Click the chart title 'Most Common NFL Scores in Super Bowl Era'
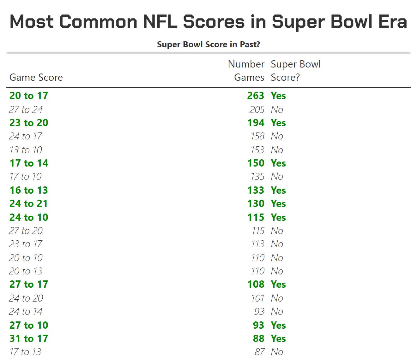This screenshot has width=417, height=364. tap(208, 21)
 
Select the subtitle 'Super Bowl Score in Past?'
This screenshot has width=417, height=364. tap(208, 44)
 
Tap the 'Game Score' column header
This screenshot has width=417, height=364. tap(36, 77)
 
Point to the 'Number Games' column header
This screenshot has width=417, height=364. tap(246, 71)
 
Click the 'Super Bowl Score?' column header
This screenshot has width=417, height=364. tap(295, 71)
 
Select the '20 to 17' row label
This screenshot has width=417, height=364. tap(29, 96)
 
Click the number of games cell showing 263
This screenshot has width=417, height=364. tap(256, 96)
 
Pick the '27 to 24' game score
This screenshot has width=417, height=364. tap(26, 109)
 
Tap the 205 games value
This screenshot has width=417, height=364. tap(257, 109)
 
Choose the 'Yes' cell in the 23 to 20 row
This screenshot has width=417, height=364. tap(278, 123)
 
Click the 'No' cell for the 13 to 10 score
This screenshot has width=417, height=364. tap(277, 150)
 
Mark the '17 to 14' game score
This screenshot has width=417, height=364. tap(29, 163)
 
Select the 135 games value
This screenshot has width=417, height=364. tap(257, 176)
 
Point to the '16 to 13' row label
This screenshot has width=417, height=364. tap(29, 190)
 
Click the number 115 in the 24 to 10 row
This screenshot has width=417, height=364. tap(256, 217)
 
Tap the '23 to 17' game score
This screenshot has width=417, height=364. tap(26, 244)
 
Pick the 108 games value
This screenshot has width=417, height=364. tap(256, 284)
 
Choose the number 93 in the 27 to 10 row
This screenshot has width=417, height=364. tap(258, 325)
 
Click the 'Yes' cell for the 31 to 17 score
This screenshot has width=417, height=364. tap(278, 338)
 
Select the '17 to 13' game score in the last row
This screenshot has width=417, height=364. tap(25, 352)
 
